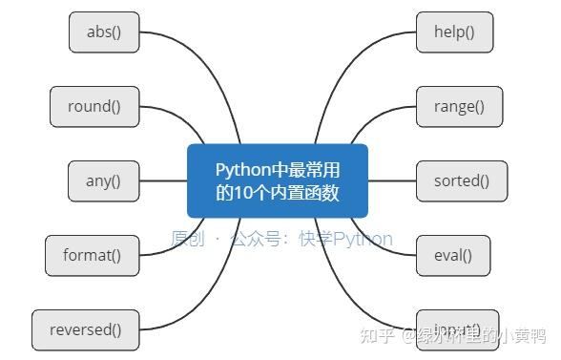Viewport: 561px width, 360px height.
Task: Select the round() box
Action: coord(94,107)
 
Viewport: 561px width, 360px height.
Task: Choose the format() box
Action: coord(92,255)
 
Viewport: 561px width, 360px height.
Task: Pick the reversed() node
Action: coord(86,330)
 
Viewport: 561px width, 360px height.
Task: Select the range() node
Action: coord(461,107)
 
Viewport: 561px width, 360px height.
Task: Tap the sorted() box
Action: coord(462,180)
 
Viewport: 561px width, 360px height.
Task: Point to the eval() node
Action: coord(453,255)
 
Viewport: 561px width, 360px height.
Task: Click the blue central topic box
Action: coord(278,180)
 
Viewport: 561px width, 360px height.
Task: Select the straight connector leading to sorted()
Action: coord(393,180)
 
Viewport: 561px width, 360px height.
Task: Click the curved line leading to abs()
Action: coord(181,67)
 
